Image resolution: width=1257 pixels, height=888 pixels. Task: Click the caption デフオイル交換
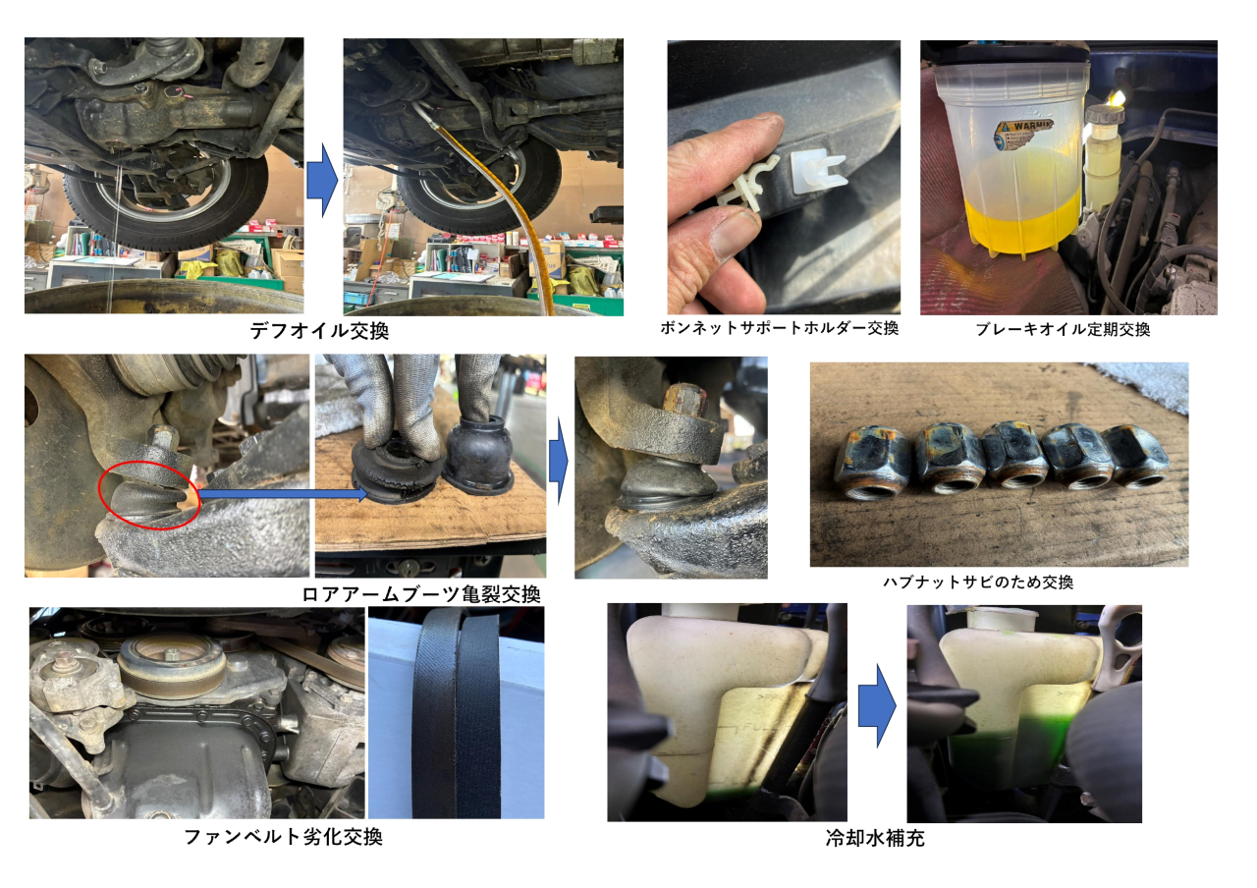click(319, 331)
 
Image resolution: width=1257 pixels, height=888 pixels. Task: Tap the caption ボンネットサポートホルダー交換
click(780, 328)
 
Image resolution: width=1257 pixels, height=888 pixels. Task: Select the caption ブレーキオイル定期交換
click(1063, 329)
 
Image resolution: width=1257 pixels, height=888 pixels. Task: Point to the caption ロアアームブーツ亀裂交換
click(421, 594)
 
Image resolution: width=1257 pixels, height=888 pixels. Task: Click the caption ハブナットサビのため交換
click(978, 583)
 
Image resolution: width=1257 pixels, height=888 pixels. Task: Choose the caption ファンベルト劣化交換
click(284, 837)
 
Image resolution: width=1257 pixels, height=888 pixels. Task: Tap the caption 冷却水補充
click(875, 838)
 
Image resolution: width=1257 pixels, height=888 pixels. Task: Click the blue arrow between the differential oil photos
click(323, 180)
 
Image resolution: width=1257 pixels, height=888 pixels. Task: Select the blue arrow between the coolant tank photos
click(877, 705)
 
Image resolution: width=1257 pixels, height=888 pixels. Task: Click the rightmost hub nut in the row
click(1135, 455)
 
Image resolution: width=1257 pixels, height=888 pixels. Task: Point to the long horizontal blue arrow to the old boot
click(284, 494)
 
